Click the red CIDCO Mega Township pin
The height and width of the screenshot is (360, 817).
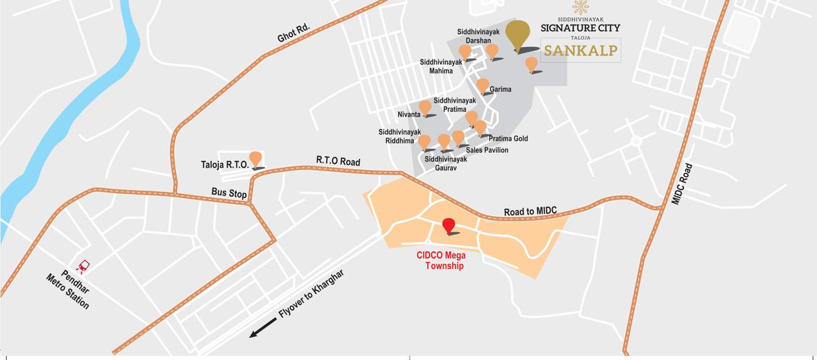click(x=449, y=224)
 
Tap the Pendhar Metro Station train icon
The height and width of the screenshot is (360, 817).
click(x=83, y=266)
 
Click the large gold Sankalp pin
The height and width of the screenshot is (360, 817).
click(x=519, y=35)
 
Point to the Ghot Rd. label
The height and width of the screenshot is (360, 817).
click(x=294, y=33)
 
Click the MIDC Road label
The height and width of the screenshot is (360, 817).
click(x=682, y=183)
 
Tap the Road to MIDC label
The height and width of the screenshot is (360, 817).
click(x=530, y=211)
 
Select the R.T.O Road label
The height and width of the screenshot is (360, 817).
click(x=338, y=161)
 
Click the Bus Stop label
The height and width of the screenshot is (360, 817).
click(x=229, y=193)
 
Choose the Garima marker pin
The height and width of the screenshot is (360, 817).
click(x=482, y=86)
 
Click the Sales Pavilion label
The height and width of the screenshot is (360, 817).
click(x=487, y=150)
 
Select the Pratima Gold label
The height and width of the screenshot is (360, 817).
click(x=508, y=139)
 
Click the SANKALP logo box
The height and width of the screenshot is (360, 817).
click(x=580, y=50)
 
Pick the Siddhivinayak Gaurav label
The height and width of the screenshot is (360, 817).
click(x=446, y=163)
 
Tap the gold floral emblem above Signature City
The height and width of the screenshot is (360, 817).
click(x=580, y=8)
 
